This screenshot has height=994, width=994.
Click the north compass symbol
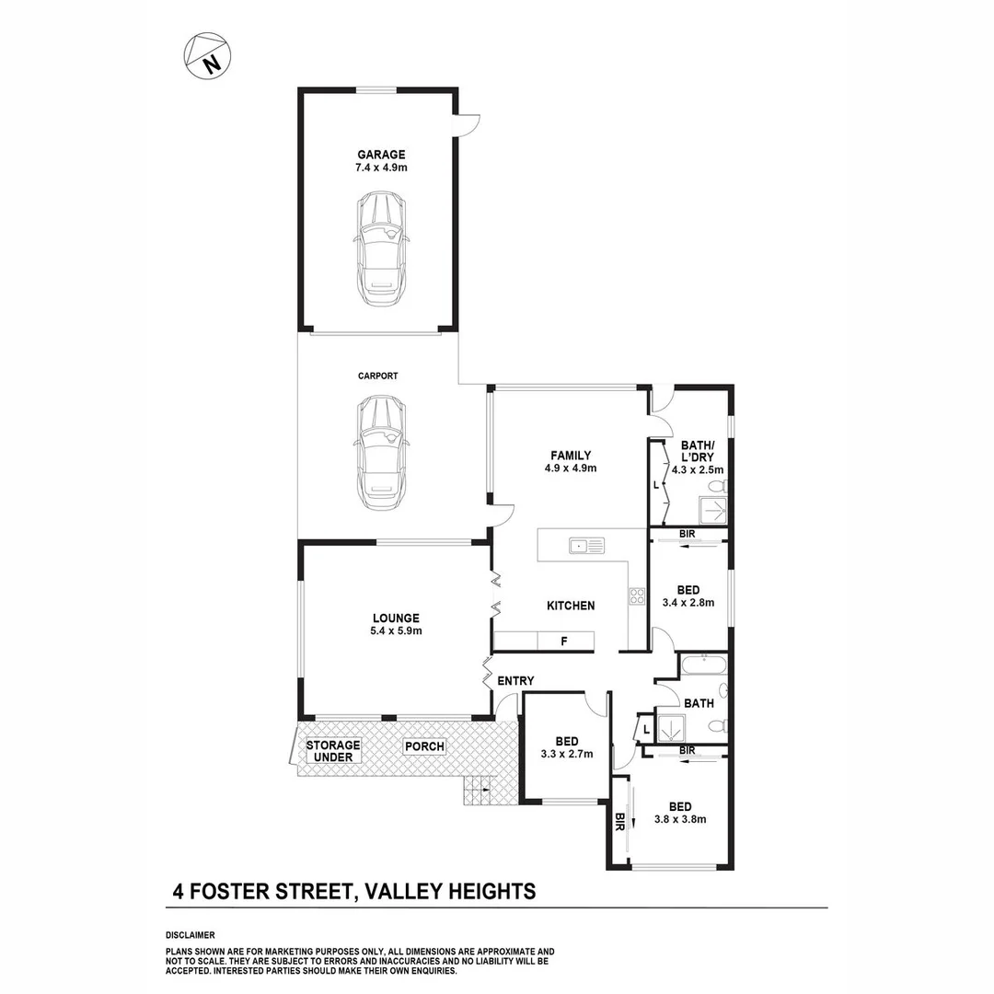point(207,55)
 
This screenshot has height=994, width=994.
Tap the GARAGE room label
point(381,155)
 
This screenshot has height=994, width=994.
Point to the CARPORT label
point(378,376)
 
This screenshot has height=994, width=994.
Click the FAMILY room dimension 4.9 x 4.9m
point(571,468)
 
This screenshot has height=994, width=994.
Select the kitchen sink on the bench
point(585,546)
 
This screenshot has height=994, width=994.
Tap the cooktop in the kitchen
point(636,595)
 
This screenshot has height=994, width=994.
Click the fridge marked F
point(563,641)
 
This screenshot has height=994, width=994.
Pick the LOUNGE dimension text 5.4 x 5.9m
point(396,631)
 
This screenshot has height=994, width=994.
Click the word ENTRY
point(515,681)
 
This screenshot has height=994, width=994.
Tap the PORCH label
point(424,746)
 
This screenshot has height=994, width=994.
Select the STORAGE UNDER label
point(333,751)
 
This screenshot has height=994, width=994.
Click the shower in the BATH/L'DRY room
point(713,510)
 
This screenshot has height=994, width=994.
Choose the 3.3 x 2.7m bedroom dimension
point(566,755)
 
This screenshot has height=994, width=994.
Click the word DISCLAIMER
point(190,935)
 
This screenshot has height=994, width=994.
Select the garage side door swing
point(468,124)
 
